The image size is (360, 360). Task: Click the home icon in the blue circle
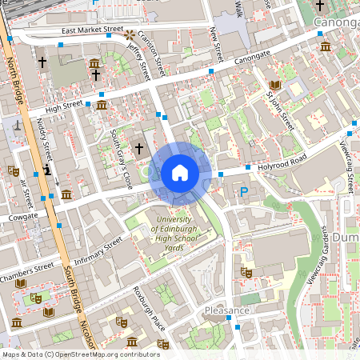click(180, 173)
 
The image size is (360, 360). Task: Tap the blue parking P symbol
click(244, 191)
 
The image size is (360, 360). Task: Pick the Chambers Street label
click(26, 267)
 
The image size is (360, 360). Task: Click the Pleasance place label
click(226, 310)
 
